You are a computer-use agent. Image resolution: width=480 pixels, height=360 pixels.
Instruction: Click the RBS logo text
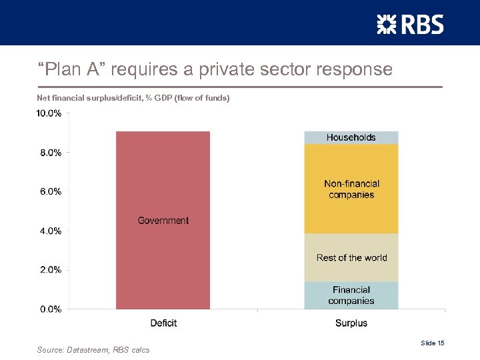(421, 25)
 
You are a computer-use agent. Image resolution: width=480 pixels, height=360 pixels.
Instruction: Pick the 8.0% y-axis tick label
(49, 153)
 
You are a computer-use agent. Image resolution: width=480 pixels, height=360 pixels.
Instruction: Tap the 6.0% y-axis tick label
(49, 191)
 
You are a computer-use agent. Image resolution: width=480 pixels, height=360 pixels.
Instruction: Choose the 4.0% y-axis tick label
(49, 231)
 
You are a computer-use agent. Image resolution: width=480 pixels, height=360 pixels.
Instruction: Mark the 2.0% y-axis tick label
(49, 270)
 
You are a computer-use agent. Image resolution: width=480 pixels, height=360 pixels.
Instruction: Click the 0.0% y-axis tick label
(49, 309)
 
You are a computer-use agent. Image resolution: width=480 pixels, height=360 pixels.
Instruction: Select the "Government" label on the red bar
(163, 221)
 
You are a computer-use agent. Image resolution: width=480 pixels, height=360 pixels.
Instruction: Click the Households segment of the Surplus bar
(351, 137)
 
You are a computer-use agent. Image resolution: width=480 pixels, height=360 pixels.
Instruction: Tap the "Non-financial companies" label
(351, 189)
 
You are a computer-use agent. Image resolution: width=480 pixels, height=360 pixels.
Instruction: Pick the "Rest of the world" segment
(351, 258)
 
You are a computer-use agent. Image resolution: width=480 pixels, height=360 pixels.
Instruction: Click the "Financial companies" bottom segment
(351, 295)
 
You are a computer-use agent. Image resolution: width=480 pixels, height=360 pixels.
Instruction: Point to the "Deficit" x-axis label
(163, 323)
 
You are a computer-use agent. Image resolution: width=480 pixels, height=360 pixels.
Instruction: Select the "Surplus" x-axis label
(351, 323)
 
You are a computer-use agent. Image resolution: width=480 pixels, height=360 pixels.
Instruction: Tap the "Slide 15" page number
(432, 343)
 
